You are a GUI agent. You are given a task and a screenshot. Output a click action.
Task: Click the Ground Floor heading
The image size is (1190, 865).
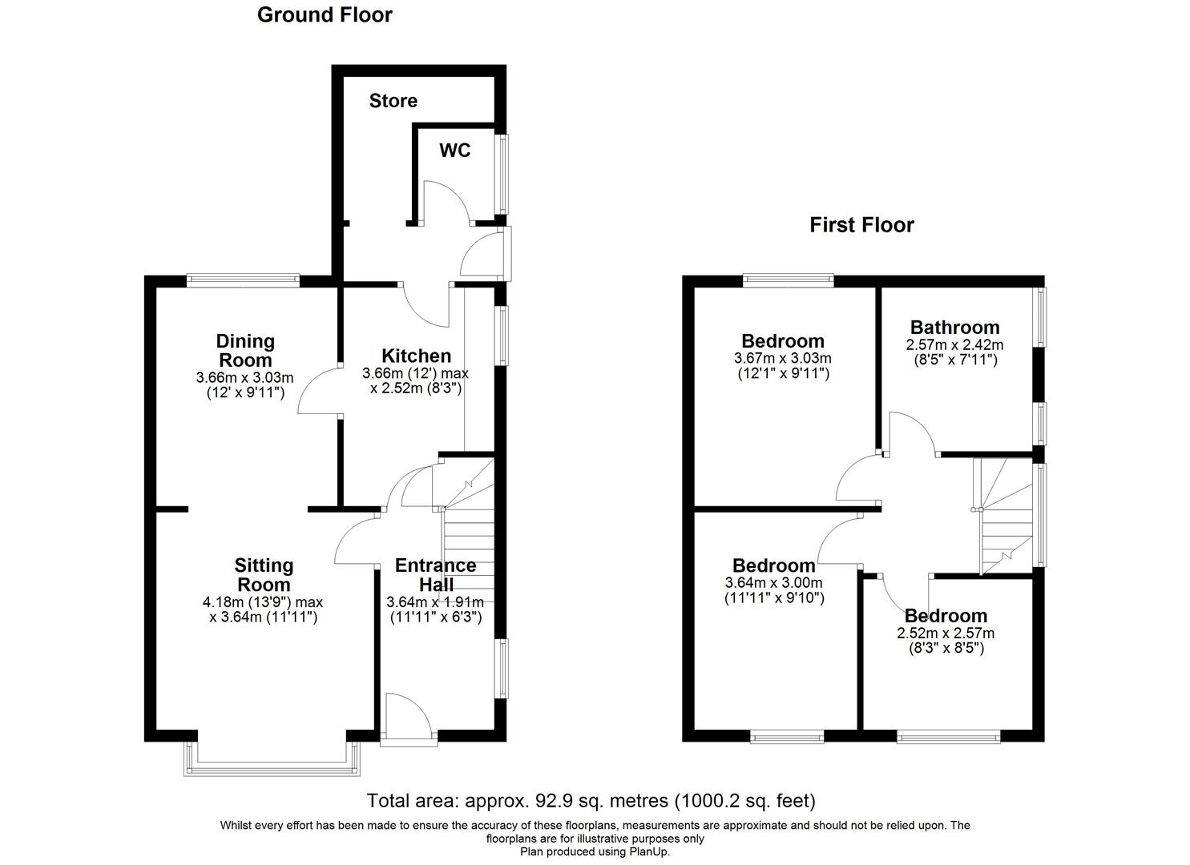[x=325, y=14]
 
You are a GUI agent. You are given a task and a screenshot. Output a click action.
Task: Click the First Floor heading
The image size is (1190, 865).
[x=861, y=225]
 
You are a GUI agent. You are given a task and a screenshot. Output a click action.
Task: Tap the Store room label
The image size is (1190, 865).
[x=393, y=101]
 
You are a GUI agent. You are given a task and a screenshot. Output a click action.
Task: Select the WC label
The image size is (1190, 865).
[x=454, y=151]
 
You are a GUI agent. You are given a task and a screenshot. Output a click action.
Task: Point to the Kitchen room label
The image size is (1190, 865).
[x=416, y=356]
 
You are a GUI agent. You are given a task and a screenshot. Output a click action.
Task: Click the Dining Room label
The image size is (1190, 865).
[x=246, y=351]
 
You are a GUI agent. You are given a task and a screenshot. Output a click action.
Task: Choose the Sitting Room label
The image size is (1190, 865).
[x=264, y=575]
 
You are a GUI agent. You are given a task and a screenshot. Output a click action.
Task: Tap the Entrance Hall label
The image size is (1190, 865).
[x=435, y=575]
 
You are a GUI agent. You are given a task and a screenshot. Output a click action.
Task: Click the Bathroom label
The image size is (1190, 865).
[x=954, y=327]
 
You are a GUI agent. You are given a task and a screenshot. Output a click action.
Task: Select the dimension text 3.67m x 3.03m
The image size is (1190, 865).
[x=782, y=359]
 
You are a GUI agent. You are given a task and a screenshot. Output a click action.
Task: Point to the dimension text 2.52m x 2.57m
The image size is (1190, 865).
[x=946, y=633]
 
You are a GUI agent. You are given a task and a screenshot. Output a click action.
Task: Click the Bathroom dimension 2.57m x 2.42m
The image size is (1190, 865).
[x=954, y=345]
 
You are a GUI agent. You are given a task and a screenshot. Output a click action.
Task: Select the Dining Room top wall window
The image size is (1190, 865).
[x=243, y=280]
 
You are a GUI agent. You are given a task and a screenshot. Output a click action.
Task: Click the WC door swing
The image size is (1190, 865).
[x=446, y=200]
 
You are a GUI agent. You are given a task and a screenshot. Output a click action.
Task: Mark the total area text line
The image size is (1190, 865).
[x=591, y=800]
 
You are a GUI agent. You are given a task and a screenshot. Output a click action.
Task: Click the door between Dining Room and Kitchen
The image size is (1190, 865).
[x=319, y=392]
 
